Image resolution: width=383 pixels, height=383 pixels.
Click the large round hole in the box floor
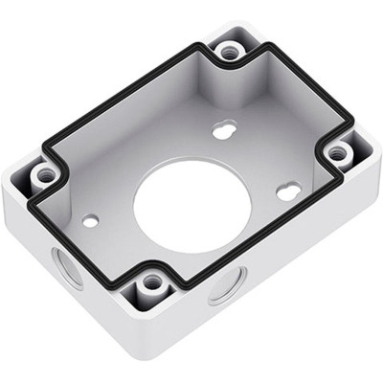(x=187, y=205)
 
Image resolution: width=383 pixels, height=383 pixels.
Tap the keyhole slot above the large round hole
(x=225, y=128)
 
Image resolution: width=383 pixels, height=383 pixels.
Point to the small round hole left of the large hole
(x=91, y=220)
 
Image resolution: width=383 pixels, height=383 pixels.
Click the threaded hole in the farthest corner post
(x=228, y=51)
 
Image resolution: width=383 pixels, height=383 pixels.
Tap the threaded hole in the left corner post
(x=45, y=175)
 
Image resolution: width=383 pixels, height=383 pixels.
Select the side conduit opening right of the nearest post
(x=227, y=285)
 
